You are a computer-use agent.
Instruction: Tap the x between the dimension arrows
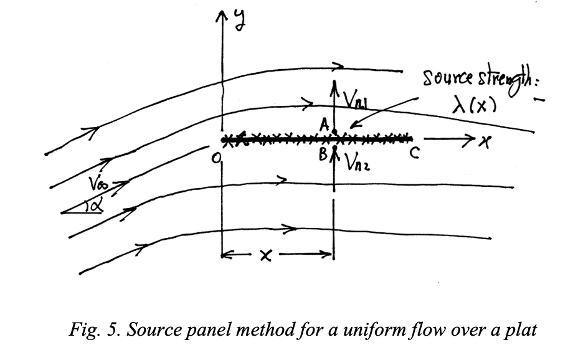click(x=265, y=255)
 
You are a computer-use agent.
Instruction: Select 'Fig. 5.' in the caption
click(x=92, y=329)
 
